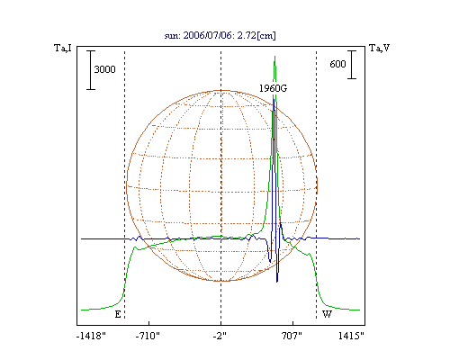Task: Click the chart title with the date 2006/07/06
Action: click(220, 35)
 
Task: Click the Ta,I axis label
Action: click(63, 48)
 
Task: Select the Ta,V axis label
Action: click(379, 48)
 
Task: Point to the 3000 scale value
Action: click(104, 69)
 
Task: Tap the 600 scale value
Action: click(337, 64)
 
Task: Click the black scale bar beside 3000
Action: click(91, 70)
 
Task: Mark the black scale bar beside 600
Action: click(352, 65)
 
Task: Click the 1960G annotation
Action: click(273, 88)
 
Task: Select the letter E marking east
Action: click(118, 314)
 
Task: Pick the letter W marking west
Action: click(327, 314)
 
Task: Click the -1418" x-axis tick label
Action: click(91, 336)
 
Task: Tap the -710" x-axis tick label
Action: click(148, 336)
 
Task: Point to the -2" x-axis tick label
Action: click(220, 336)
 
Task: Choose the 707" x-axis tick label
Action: click(292, 336)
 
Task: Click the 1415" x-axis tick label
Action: click(351, 336)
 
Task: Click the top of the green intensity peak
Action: click(274, 57)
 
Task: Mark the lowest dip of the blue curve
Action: click(277, 282)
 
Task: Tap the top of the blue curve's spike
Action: click(274, 100)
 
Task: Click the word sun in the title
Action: click(172, 36)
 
